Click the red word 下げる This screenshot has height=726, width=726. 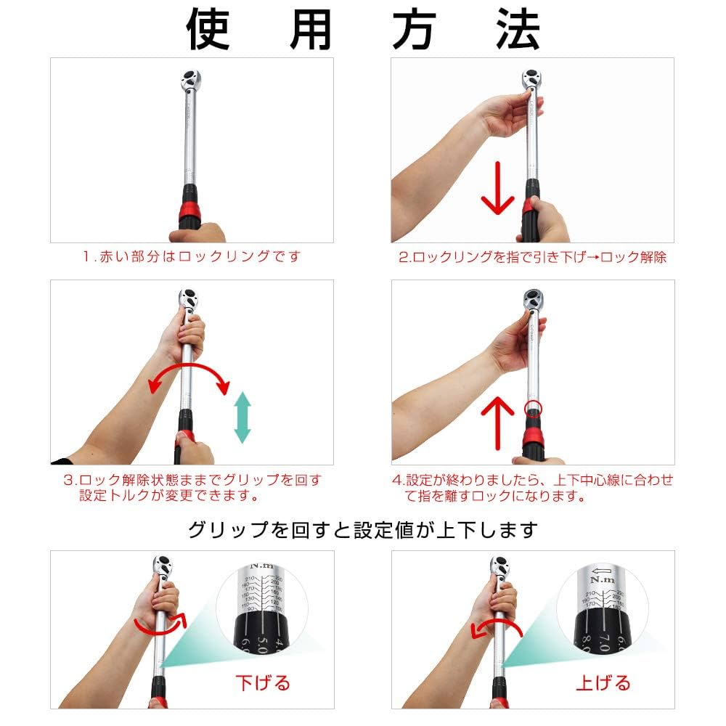pos(262,682)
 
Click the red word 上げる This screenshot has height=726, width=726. pos(603,682)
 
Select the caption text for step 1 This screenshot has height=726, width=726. pos(191,257)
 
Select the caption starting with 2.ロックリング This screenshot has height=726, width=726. pos(532,257)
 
